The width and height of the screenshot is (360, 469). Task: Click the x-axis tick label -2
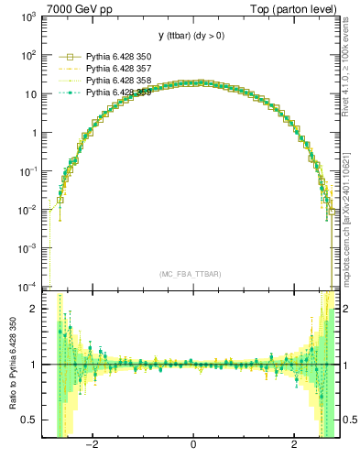tap(92, 445)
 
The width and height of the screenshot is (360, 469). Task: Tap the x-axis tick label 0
tap(192, 445)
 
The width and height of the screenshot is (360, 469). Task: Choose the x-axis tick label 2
tap(294, 445)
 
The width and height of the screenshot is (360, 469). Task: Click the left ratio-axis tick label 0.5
tap(30, 420)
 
